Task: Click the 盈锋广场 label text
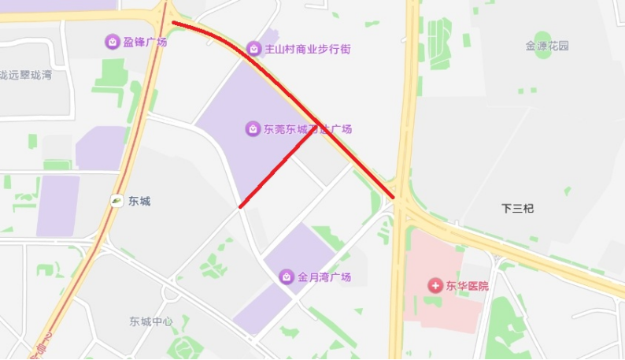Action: pos(146,42)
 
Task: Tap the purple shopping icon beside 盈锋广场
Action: pos(113,42)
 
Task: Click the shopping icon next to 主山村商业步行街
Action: pos(253,49)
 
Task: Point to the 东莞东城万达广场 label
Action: pos(307,129)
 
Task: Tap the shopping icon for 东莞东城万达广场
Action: pos(252,128)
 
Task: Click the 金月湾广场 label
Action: pos(324,277)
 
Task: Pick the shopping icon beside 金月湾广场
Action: pos(286,276)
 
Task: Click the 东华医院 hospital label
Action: pos(468,285)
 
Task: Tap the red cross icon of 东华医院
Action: pos(435,285)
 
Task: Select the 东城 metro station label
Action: pos(139,201)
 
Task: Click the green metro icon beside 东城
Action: pos(116,201)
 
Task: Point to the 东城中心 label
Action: pos(151,321)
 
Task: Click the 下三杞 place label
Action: pos(517,208)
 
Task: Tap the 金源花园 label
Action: pos(547,46)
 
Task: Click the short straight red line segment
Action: pos(279,171)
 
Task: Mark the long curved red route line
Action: pos(291,87)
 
